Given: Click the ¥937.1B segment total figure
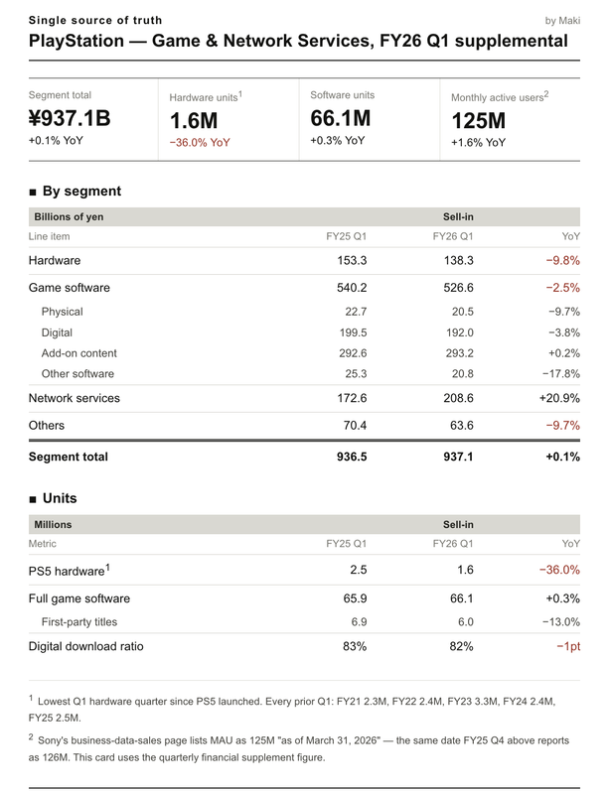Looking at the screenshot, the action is pos(70,118).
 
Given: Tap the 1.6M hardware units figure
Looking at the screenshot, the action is pos(194,121).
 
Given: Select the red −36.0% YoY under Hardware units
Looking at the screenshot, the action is pos(200,143).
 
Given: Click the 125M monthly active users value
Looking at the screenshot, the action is pos(479,121).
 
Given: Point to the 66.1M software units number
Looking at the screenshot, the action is pos(340,118).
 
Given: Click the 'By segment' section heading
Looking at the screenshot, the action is pos(81,191).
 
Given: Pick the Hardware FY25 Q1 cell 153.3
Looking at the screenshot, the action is pos(352,260).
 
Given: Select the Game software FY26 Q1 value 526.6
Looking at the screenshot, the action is pos(459,288).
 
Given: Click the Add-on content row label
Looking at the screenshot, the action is pos(78,353).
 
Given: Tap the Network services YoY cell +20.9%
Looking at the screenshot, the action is pos(559,398).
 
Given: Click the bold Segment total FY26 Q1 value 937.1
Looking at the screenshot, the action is pos(458,457).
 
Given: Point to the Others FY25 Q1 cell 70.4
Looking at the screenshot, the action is pos(355,426).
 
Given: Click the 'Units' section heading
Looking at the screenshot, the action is pos(60,498).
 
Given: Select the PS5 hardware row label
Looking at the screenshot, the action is pos(67,571).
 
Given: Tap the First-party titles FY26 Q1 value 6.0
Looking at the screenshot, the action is pos(466,621).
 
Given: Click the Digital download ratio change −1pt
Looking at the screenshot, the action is pos(568,646).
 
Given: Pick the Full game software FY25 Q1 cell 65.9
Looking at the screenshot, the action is pos(355,598).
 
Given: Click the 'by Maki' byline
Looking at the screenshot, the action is pos(562,21).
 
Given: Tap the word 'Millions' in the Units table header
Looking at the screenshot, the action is pos(53,524).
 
